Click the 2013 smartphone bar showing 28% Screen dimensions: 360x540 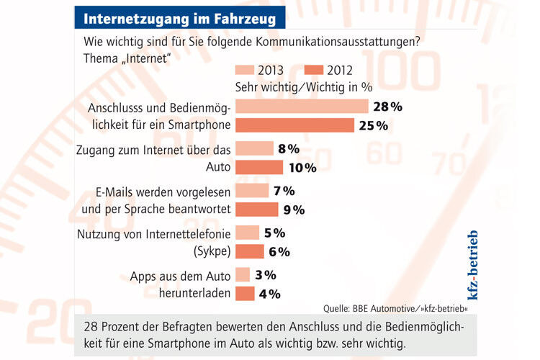click(302, 107)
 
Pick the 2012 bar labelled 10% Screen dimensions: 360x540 click(259, 168)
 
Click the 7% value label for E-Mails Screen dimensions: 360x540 click(284, 191)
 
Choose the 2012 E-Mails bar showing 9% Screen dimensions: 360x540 click(256, 210)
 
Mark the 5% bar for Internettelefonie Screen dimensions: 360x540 click(247, 233)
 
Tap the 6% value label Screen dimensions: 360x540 click(279, 251)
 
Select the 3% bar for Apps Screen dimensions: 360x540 click(243, 275)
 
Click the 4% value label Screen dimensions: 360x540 click(270, 294)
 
